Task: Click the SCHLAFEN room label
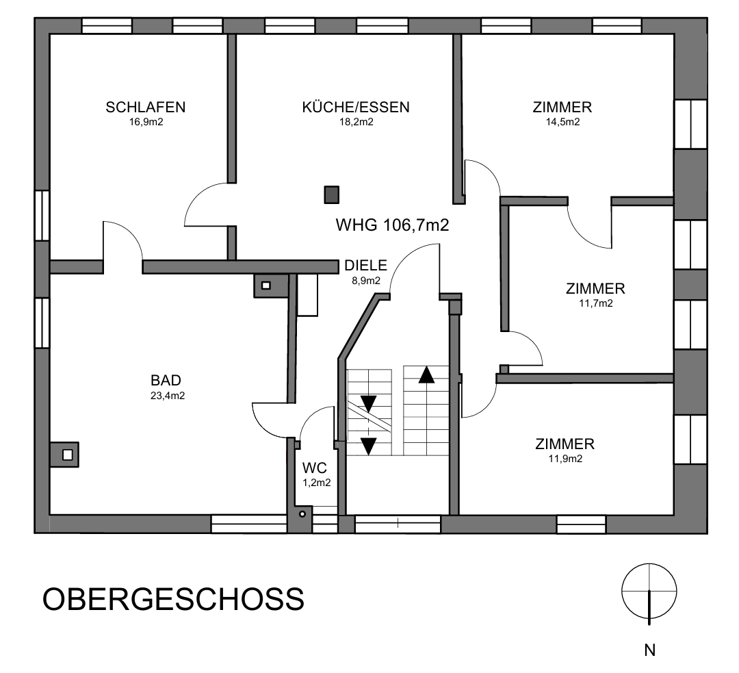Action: [145, 107]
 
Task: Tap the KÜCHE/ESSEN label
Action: [356, 107]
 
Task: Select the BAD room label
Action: [166, 381]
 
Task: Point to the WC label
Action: [315, 469]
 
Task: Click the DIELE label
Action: [365, 266]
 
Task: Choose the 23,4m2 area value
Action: [167, 396]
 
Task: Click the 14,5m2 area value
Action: [562, 123]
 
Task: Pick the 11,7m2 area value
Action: [595, 303]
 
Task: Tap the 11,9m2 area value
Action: [565, 459]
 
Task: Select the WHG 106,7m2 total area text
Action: [392, 225]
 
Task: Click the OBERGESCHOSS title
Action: [173, 599]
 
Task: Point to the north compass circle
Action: [649, 589]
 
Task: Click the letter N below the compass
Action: [650, 650]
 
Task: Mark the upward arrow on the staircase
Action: [426, 374]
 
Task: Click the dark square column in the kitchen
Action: [332, 195]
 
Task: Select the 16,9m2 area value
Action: [145, 123]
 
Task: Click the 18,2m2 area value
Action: [356, 123]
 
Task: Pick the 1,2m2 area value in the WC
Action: [316, 483]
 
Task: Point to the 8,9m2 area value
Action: [365, 281]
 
